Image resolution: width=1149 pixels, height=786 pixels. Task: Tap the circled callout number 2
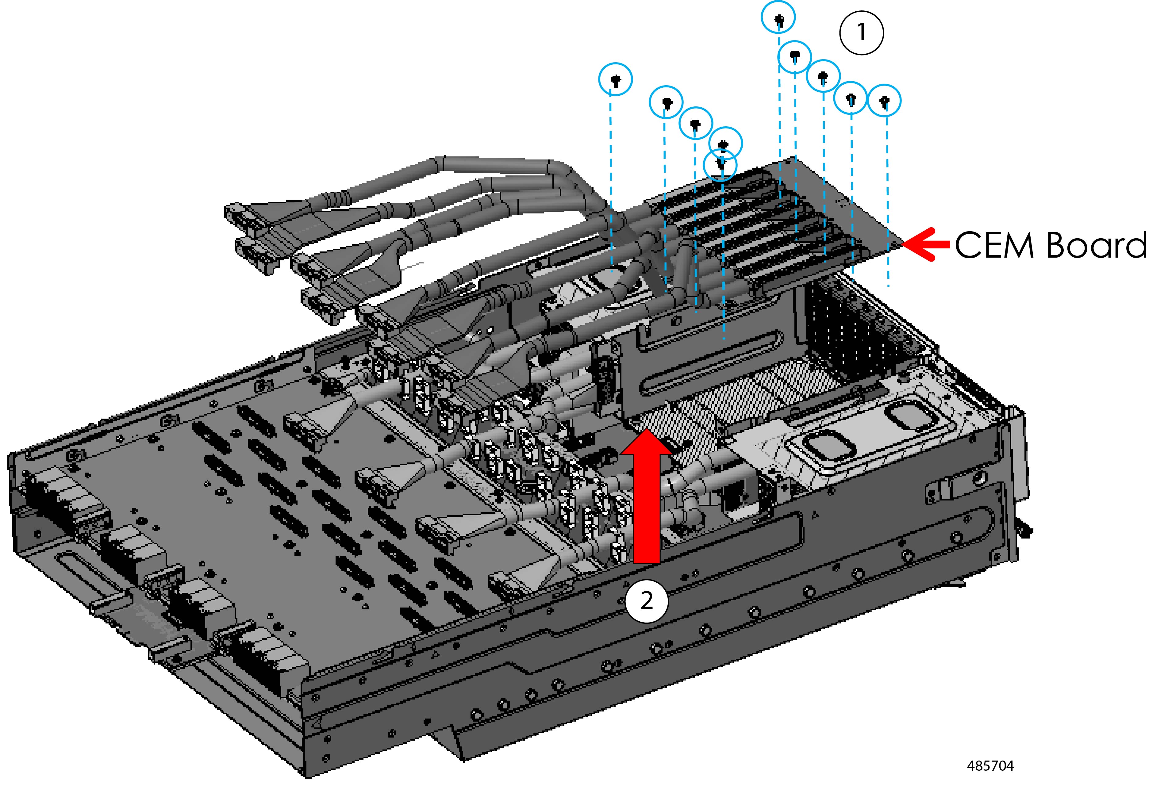point(647,601)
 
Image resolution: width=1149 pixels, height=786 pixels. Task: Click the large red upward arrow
point(647,497)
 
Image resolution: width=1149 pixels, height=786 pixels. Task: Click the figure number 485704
point(990,766)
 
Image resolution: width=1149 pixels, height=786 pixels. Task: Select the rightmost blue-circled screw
point(885,101)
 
